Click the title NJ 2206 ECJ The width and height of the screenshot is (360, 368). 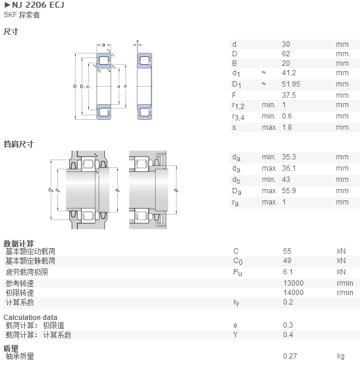point(38,5)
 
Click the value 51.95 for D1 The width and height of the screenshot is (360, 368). point(291,84)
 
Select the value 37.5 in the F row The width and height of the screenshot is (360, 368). point(289,95)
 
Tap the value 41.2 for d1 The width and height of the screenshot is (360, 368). point(289,73)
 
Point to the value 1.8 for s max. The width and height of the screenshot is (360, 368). point(287,127)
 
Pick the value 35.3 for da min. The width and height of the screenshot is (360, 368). point(289,157)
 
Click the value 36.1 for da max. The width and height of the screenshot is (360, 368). point(289,168)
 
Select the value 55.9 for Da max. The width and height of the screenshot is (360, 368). point(289,191)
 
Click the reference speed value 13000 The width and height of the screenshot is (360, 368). point(294,283)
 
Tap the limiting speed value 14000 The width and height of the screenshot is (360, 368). point(294,293)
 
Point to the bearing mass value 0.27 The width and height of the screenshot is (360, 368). point(290,356)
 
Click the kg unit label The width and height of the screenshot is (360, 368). point(341,356)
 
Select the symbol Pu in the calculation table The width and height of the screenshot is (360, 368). point(237,273)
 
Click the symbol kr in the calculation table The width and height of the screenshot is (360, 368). point(236,303)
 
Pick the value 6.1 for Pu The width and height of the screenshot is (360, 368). point(288,272)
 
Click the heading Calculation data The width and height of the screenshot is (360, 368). point(30,318)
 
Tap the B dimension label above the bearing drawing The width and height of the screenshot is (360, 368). point(104,45)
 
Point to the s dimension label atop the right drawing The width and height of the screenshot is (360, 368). point(137,41)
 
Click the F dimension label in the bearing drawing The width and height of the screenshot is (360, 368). point(126,87)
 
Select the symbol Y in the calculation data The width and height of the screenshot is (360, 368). point(236,335)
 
